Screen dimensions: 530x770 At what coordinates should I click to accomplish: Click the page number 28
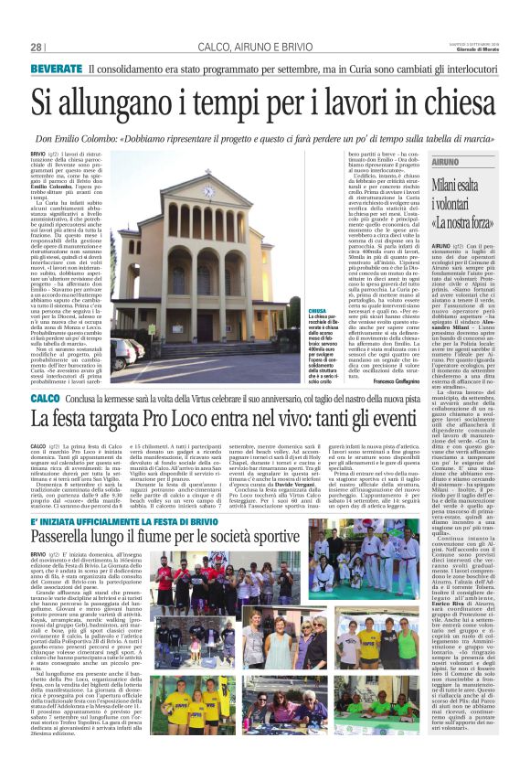coord(37,47)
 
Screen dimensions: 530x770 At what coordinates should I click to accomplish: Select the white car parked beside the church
coord(122,351)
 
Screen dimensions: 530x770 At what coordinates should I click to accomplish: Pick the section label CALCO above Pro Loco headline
coord(46,400)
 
